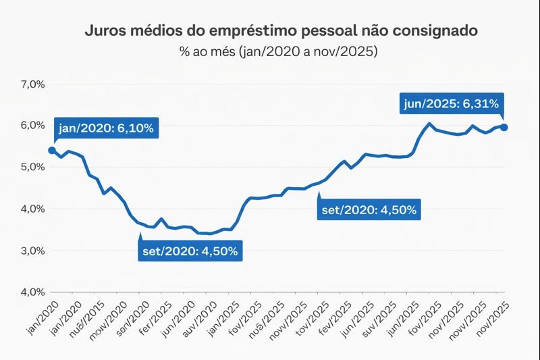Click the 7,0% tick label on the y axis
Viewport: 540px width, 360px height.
tap(32, 84)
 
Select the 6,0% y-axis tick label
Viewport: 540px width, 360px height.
tap(32, 126)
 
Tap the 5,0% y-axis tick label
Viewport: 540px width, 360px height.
tap(32, 167)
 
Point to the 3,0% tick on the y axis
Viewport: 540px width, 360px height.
tap(32, 251)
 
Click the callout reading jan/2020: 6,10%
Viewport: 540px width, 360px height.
tap(107, 128)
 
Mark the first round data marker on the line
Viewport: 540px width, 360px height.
tap(52, 150)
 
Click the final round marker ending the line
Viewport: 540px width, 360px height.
tap(504, 128)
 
